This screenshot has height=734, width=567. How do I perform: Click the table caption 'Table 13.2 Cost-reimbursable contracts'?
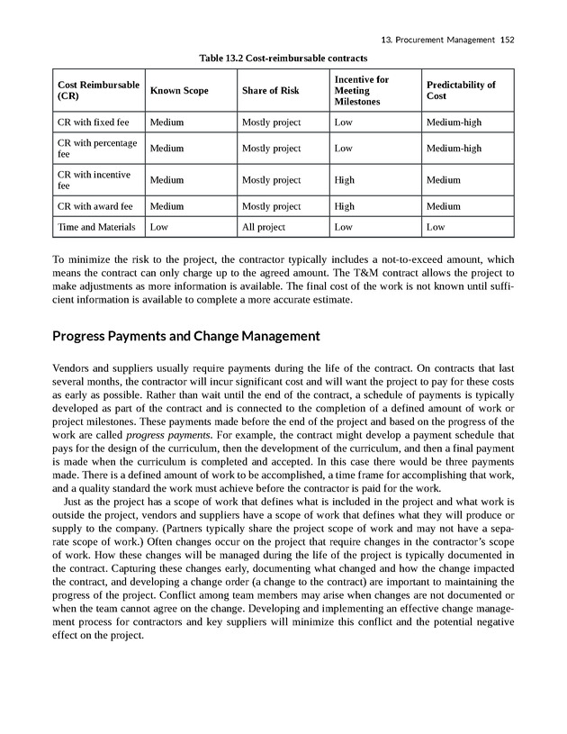(x=296, y=59)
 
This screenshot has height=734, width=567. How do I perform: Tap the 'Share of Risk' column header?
(x=270, y=91)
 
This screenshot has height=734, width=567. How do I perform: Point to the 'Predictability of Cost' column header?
(x=461, y=91)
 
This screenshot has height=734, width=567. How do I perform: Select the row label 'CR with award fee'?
(x=94, y=206)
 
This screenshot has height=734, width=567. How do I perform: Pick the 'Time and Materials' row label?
(x=96, y=228)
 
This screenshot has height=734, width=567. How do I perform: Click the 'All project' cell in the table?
(x=264, y=228)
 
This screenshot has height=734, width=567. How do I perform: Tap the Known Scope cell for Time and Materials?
(x=159, y=228)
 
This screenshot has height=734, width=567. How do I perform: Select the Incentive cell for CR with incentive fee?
(x=345, y=180)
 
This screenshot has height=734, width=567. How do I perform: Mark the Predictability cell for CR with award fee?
(x=444, y=206)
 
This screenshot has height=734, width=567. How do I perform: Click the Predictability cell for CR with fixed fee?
(x=454, y=122)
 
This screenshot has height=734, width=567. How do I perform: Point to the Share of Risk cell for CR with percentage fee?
(x=272, y=149)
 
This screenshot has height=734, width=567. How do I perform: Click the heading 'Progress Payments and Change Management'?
(x=187, y=338)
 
